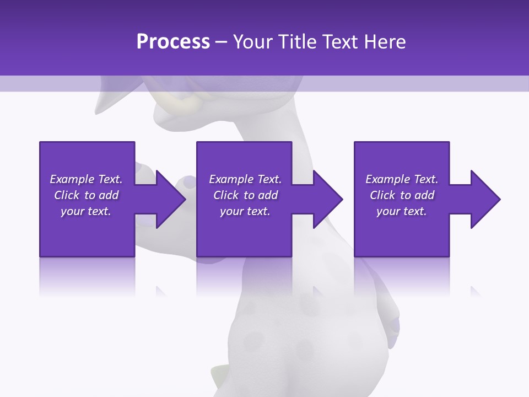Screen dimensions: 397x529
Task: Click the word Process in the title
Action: pyautogui.click(x=173, y=42)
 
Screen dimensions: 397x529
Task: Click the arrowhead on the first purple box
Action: pyautogui.click(x=165, y=199)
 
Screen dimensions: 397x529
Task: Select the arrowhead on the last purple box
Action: pyautogui.click(x=481, y=199)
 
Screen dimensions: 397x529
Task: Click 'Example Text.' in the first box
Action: pyautogui.click(x=86, y=179)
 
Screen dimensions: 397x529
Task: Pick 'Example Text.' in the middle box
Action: pyautogui.click(x=245, y=179)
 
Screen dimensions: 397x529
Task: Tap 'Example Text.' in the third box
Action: pyautogui.click(x=402, y=179)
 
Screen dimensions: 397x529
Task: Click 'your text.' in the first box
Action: pyautogui.click(x=86, y=211)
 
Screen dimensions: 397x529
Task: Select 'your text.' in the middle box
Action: pyautogui.click(x=245, y=211)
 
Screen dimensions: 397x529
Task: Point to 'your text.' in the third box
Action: pyautogui.click(x=402, y=211)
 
